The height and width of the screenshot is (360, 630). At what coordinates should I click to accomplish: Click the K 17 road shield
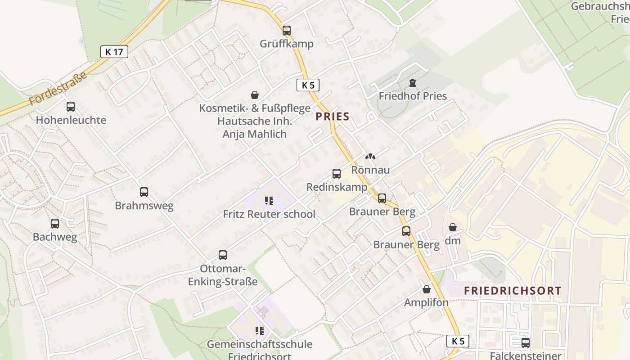coord(114,52)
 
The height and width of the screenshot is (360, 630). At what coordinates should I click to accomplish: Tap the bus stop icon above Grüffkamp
coord(287,31)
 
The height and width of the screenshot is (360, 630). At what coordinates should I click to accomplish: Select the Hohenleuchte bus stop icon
coord(71,107)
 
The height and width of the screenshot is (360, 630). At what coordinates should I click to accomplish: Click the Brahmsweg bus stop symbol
coord(144,192)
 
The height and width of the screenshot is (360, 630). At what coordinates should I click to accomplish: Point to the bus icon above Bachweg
coord(55,224)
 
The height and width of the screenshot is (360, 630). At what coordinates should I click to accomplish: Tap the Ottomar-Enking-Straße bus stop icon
coord(223,255)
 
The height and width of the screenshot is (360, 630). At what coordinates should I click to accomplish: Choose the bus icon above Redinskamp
coord(337,174)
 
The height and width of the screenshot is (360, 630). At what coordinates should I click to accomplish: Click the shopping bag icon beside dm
coord(453,228)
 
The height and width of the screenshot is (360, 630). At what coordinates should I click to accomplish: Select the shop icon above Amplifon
coord(427,289)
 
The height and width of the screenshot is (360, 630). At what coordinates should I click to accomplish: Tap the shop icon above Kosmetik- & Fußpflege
coord(255,95)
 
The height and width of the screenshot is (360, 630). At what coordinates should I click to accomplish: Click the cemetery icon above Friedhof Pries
coord(413,83)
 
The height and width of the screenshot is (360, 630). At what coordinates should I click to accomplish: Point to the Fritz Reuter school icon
coord(269,201)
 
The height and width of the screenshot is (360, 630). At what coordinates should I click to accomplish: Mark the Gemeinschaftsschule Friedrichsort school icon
coord(260,331)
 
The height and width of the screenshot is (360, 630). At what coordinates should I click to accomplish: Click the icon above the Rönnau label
coord(370,157)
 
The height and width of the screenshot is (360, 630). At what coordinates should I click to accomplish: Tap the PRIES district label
coord(333,117)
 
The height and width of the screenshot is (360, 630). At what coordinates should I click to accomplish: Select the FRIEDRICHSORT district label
coord(513,291)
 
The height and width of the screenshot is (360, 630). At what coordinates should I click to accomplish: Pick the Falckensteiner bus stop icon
coord(526,343)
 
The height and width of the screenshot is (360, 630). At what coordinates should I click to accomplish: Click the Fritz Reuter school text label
coord(269,214)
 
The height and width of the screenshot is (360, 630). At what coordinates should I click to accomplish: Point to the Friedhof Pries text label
coord(413,96)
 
